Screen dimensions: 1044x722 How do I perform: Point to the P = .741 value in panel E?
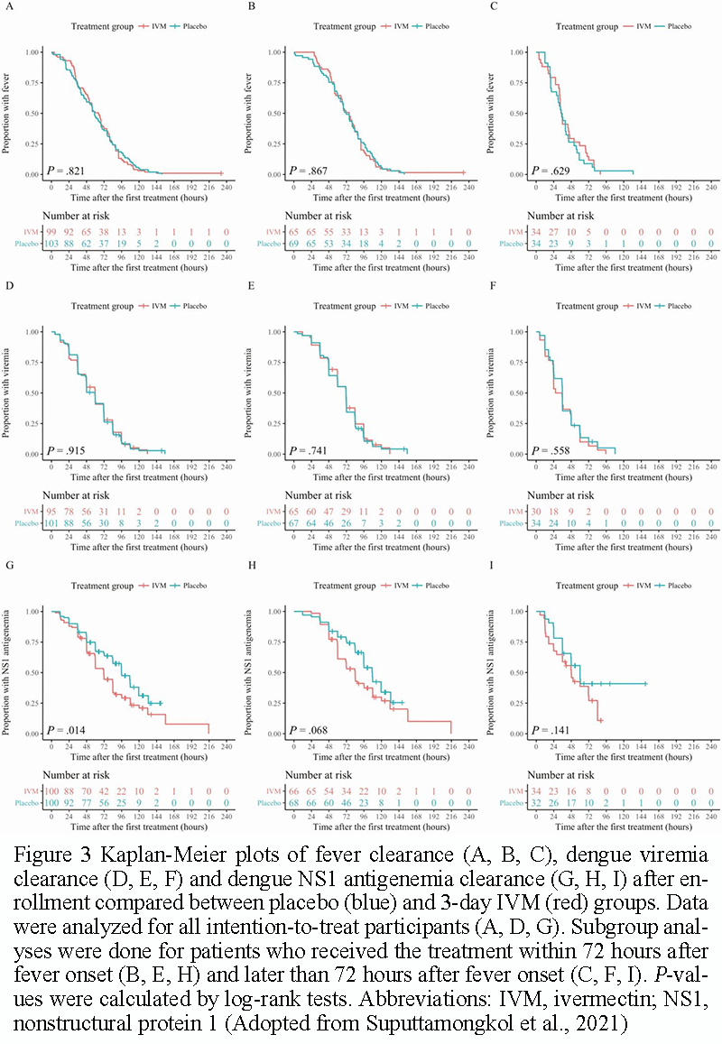pyautogui.click(x=310, y=450)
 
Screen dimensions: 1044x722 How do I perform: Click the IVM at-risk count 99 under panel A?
pyautogui.click(x=53, y=232)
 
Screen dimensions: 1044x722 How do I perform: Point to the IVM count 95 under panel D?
pyautogui.click(x=53, y=512)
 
